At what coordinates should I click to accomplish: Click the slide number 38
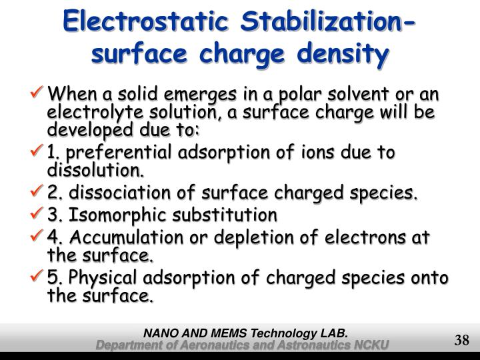tap(462, 340)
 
